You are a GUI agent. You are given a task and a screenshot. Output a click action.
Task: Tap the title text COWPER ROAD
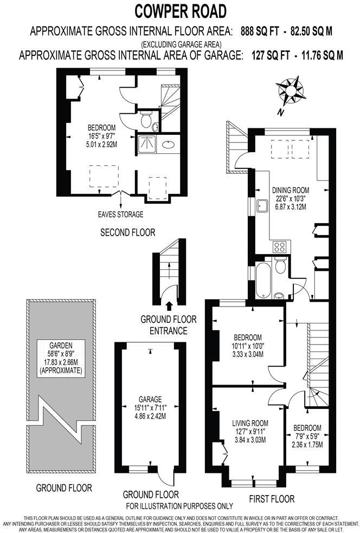point(180,11)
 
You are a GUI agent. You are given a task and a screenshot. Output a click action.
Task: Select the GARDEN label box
point(61,357)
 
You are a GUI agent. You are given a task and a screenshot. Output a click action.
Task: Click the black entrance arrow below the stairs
point(169,307)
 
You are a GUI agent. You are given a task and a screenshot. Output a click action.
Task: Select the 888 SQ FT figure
point(258,31)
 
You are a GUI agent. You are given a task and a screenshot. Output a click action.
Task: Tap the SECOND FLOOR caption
point(128,232)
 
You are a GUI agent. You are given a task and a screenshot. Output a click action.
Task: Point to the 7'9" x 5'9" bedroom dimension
point(307,437)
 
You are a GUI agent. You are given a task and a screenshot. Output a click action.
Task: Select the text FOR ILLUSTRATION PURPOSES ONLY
point(179,506)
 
